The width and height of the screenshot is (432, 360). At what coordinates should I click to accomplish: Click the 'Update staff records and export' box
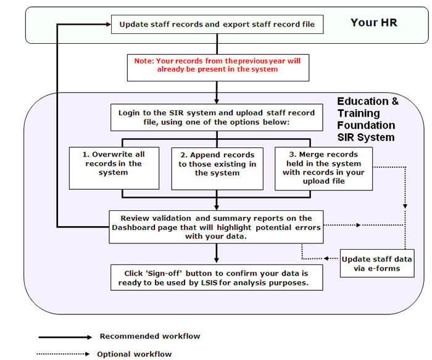tap(217, 25)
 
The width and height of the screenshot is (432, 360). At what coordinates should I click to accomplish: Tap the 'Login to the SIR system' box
tap(217, 118)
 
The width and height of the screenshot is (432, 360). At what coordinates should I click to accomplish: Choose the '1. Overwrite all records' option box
tap(114, 168)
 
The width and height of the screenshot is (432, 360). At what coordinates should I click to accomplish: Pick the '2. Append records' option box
tap(217, 169)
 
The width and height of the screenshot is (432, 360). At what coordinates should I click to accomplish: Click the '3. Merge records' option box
tap(324, 169)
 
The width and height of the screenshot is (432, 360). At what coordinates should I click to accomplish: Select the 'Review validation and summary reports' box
tap(216, 227)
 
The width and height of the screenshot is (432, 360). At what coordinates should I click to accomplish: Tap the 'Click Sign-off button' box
tap(217, 278)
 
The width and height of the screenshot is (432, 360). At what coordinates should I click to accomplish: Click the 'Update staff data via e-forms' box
tap(377, 263)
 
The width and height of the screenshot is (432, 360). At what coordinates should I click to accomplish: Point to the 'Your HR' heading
tap(374, 23)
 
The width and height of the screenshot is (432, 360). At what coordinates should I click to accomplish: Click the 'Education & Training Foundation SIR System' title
tap(368, 119)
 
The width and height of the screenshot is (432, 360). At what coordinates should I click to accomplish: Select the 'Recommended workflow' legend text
tap(150, 337)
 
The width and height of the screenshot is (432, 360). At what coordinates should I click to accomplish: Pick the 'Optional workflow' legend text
tap(134, 354)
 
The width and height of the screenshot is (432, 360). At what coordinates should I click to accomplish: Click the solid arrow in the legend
tap(65, 337)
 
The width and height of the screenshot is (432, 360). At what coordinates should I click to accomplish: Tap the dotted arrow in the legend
tap(63, 354)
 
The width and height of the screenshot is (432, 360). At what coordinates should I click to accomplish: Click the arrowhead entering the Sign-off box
tap(217, 260)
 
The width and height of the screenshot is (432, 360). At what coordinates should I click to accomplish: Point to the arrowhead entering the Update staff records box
tap(108, 24)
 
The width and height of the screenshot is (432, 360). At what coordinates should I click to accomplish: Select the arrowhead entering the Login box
tap(217, 101)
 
